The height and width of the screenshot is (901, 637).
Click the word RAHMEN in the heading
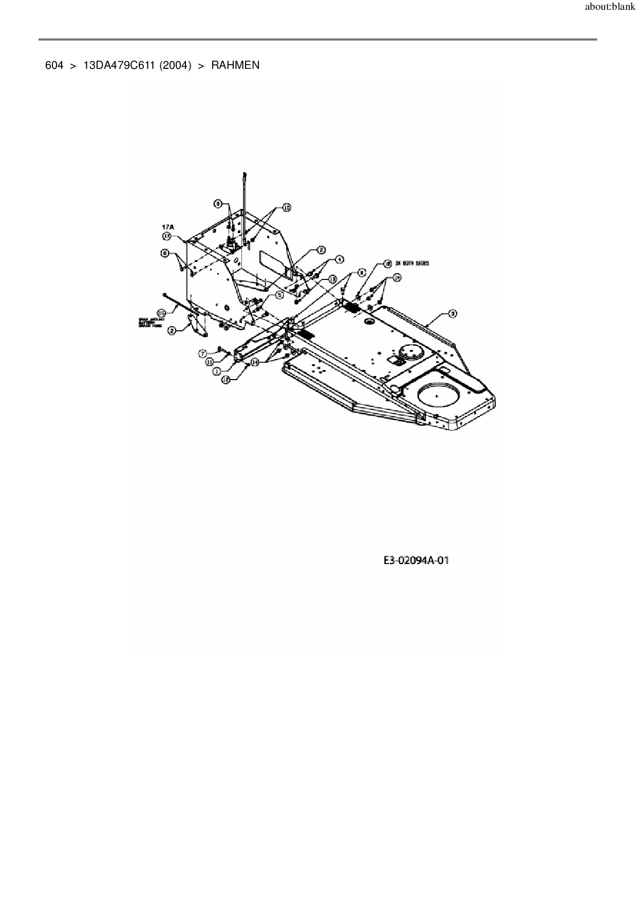[x=235, y=65]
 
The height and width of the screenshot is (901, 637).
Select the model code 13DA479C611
[x=119, y=65]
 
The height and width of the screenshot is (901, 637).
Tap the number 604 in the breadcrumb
[x=54, y=65]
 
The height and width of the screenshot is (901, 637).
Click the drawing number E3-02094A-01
[x=416, y=560]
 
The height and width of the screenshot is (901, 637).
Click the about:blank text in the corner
[x=610, y=8]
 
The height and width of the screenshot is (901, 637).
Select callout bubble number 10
[x=286, y=208]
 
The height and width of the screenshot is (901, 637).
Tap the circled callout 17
[x=167, y=236]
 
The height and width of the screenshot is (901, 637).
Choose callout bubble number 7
[x=203, y=353]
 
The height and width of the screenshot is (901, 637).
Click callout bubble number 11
[x=210, y=362]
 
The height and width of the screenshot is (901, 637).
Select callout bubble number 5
[x=279, y=295]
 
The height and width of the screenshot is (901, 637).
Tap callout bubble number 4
[x=340, y=259]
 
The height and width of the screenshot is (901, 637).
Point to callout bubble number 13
[x=332, y=278]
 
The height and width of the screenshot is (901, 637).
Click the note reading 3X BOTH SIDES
[x=412, y=263]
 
